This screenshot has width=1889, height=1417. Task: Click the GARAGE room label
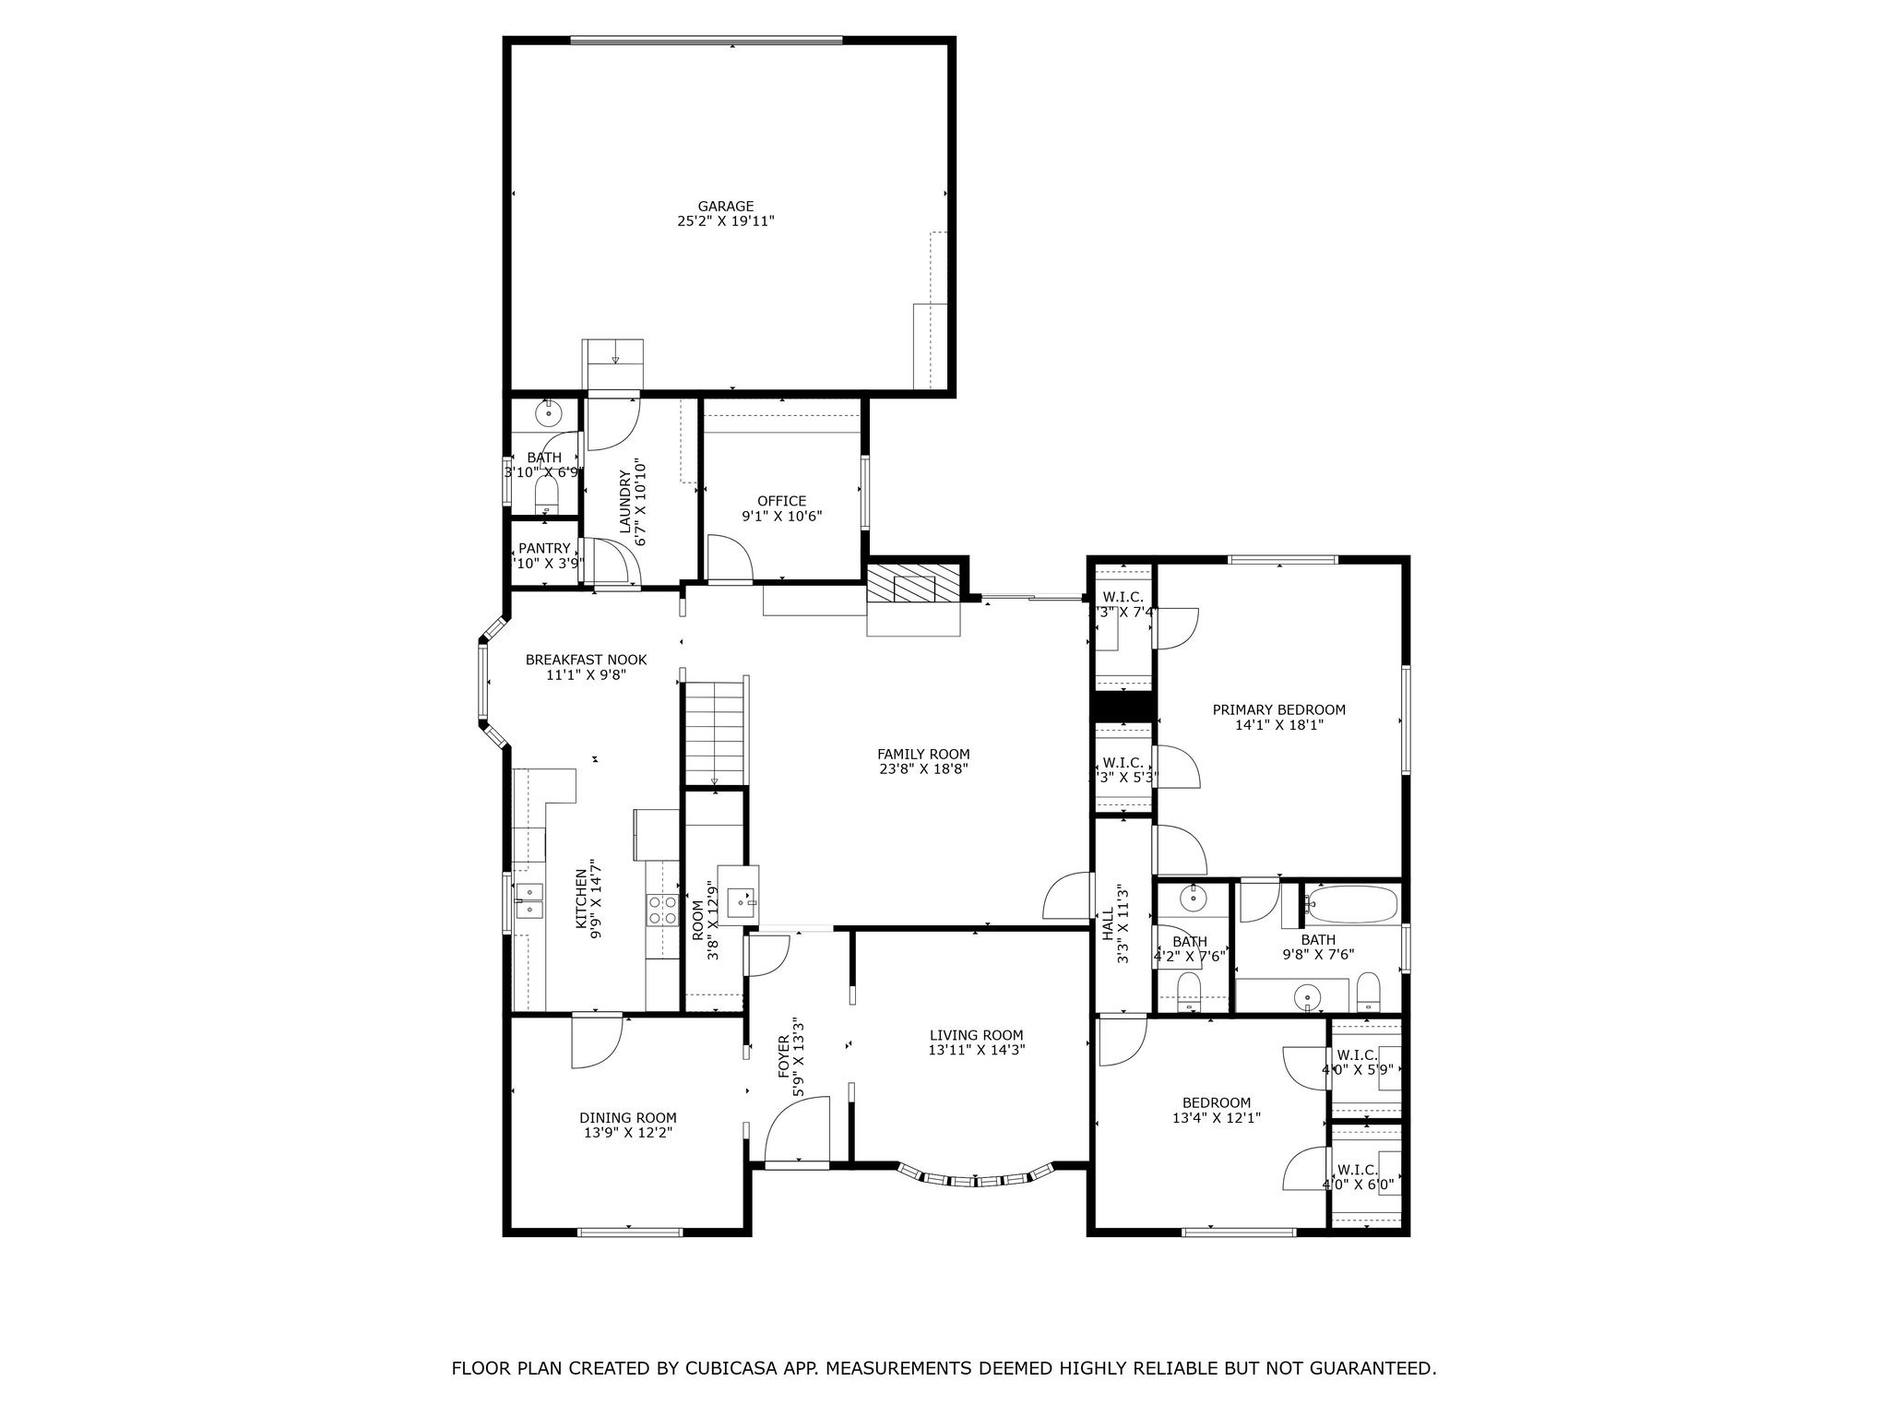tap(725, 207)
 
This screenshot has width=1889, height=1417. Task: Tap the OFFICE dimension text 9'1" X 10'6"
tap(781, 517)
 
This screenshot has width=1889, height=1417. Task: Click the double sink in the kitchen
tap(529, 901)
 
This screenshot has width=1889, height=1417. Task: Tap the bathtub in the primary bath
tap(1351, 905)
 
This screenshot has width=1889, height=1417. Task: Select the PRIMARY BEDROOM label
tap(1278, 709)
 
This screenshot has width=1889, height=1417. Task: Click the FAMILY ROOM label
tap(923, 754)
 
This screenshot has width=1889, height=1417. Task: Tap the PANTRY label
tap(544, 548)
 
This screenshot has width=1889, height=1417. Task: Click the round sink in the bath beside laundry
tap(548, 414)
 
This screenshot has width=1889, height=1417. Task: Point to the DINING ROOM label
tap(627, 1117)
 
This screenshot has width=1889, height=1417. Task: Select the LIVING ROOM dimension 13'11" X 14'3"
tap(977, 1050)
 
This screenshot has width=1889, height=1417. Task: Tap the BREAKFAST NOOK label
tap(586, 660)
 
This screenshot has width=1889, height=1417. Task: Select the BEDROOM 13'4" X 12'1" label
tap(1217, 1102)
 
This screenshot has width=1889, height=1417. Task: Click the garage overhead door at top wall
tap(706, 40)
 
